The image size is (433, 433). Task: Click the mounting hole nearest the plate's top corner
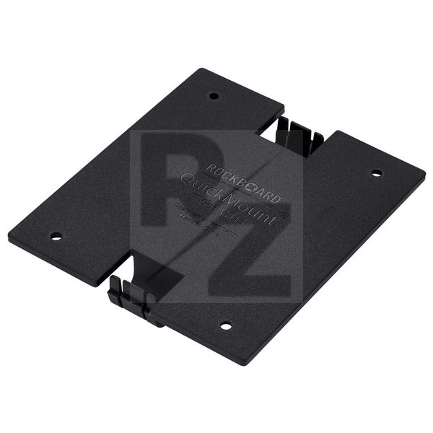[214, 95]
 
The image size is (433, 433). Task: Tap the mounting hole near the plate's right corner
[376, 173]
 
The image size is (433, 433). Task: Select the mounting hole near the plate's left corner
[56, 236]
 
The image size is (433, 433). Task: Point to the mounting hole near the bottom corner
[226, 325]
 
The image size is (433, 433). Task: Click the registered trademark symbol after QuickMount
[283, 214]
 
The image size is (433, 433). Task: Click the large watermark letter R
[180, 188]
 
